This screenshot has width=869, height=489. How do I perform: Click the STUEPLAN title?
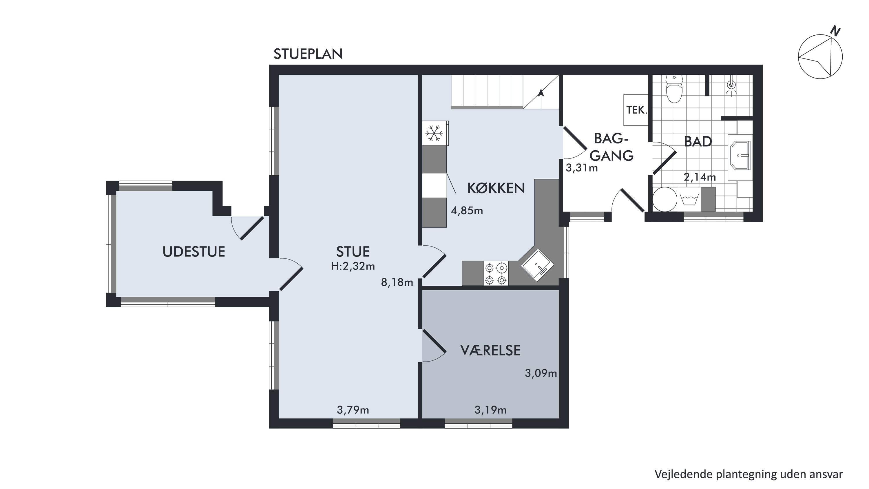point(308,54)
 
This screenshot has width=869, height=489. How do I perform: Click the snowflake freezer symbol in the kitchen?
point(434,133)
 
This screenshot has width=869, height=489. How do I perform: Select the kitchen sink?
point(537,265)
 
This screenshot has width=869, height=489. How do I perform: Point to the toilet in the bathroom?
point(674,88)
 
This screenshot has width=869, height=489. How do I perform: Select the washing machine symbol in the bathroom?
point(689,199)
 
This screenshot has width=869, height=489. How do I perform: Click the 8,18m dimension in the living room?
point(397,282)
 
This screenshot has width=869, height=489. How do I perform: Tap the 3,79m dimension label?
point(353,410)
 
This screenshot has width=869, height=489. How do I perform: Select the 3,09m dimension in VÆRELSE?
point(541,373)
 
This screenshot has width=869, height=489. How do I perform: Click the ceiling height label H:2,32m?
point(353,266)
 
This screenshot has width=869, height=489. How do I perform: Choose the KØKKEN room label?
point(496,188)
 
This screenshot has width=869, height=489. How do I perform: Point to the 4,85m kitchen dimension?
point(467,211)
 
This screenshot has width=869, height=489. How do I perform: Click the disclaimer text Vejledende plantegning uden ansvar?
point(748,474)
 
